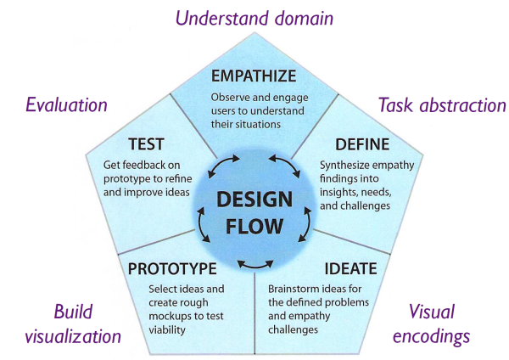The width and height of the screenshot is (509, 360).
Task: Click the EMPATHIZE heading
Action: [x=254, y=76]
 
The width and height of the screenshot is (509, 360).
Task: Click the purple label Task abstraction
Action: [x=441, y=105]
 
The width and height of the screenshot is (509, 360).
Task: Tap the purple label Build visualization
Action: [x=81, y=323]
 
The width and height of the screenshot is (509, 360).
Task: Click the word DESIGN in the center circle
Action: [x=255, y=201]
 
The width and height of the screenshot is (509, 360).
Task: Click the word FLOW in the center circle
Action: [x=255, y=229]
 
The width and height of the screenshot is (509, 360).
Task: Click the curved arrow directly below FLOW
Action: [x=255, y=266]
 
